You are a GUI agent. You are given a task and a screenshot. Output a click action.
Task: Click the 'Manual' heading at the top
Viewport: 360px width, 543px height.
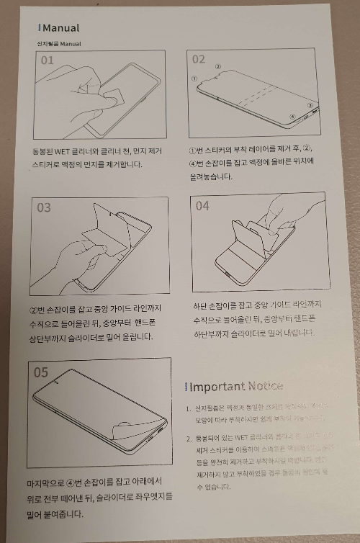[60, 28]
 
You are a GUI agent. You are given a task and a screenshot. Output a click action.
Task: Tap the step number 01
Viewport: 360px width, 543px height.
[47, 60]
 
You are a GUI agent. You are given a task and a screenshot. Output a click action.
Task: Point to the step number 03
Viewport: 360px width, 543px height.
[45, 207]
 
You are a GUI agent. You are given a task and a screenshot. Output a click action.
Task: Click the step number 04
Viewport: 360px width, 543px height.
[202, 206]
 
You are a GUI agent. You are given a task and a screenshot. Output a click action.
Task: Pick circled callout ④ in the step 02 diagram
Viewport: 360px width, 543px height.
[292, 115]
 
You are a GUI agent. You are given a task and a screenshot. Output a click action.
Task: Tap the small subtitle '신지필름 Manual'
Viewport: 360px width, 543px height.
[59, 44]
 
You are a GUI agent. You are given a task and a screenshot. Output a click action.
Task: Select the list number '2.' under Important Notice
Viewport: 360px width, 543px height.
[188, 438]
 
